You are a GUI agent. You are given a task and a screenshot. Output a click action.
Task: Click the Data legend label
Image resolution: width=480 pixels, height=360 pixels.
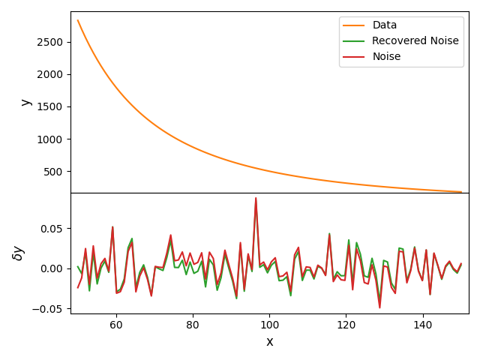pos(385,25)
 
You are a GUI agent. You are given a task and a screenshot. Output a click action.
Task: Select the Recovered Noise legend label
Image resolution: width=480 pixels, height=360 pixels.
pos(415,41)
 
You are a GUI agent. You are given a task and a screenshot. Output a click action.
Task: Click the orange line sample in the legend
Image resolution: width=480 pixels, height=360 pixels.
pos(355,25)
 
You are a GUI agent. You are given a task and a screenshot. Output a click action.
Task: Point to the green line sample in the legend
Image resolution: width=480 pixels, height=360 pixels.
pos(355,41)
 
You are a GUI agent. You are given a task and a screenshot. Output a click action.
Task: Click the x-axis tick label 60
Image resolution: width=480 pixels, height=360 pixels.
pos(116,325)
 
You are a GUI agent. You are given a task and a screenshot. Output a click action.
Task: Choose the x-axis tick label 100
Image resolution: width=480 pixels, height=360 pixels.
pos(269,325)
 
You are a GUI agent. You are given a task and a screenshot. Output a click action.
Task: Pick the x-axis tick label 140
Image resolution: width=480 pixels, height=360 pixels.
pos(423,325)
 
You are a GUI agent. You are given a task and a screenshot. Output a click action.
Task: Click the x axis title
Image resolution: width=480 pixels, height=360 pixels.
pos(270,342)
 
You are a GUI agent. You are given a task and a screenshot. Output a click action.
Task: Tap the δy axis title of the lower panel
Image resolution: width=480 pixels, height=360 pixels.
pos(18,253)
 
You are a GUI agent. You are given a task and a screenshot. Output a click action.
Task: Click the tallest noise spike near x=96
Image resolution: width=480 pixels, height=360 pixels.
pos(256,199)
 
